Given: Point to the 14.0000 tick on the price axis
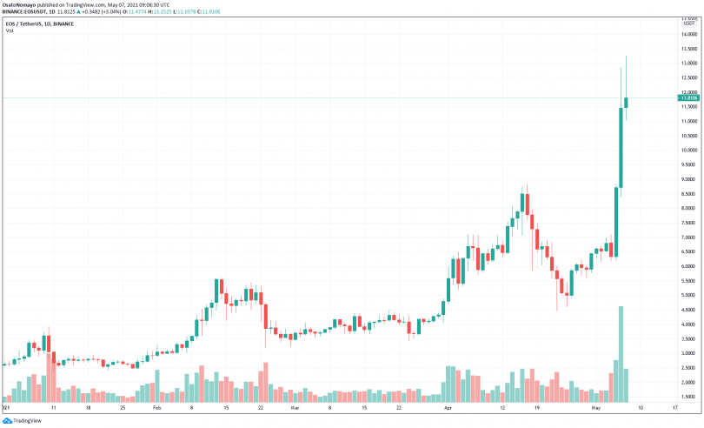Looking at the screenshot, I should (x=688, y=35).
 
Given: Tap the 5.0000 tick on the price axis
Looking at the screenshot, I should (x=688, y=296).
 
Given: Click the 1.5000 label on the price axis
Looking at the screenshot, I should (x=688, y=397).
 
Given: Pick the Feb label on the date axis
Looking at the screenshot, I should (x=157, y=407).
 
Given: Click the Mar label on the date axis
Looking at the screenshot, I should (x=294, y=407).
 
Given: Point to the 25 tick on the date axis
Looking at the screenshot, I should (x=123, y=407).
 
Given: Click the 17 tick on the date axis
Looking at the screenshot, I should (x=675, y=407).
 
